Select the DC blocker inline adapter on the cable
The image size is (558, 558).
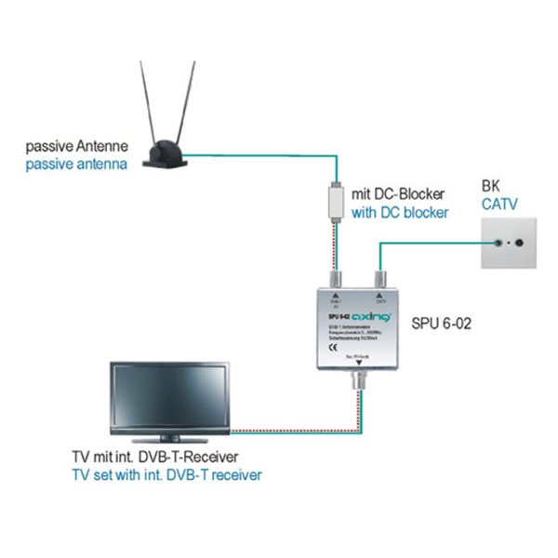[335, 202]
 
